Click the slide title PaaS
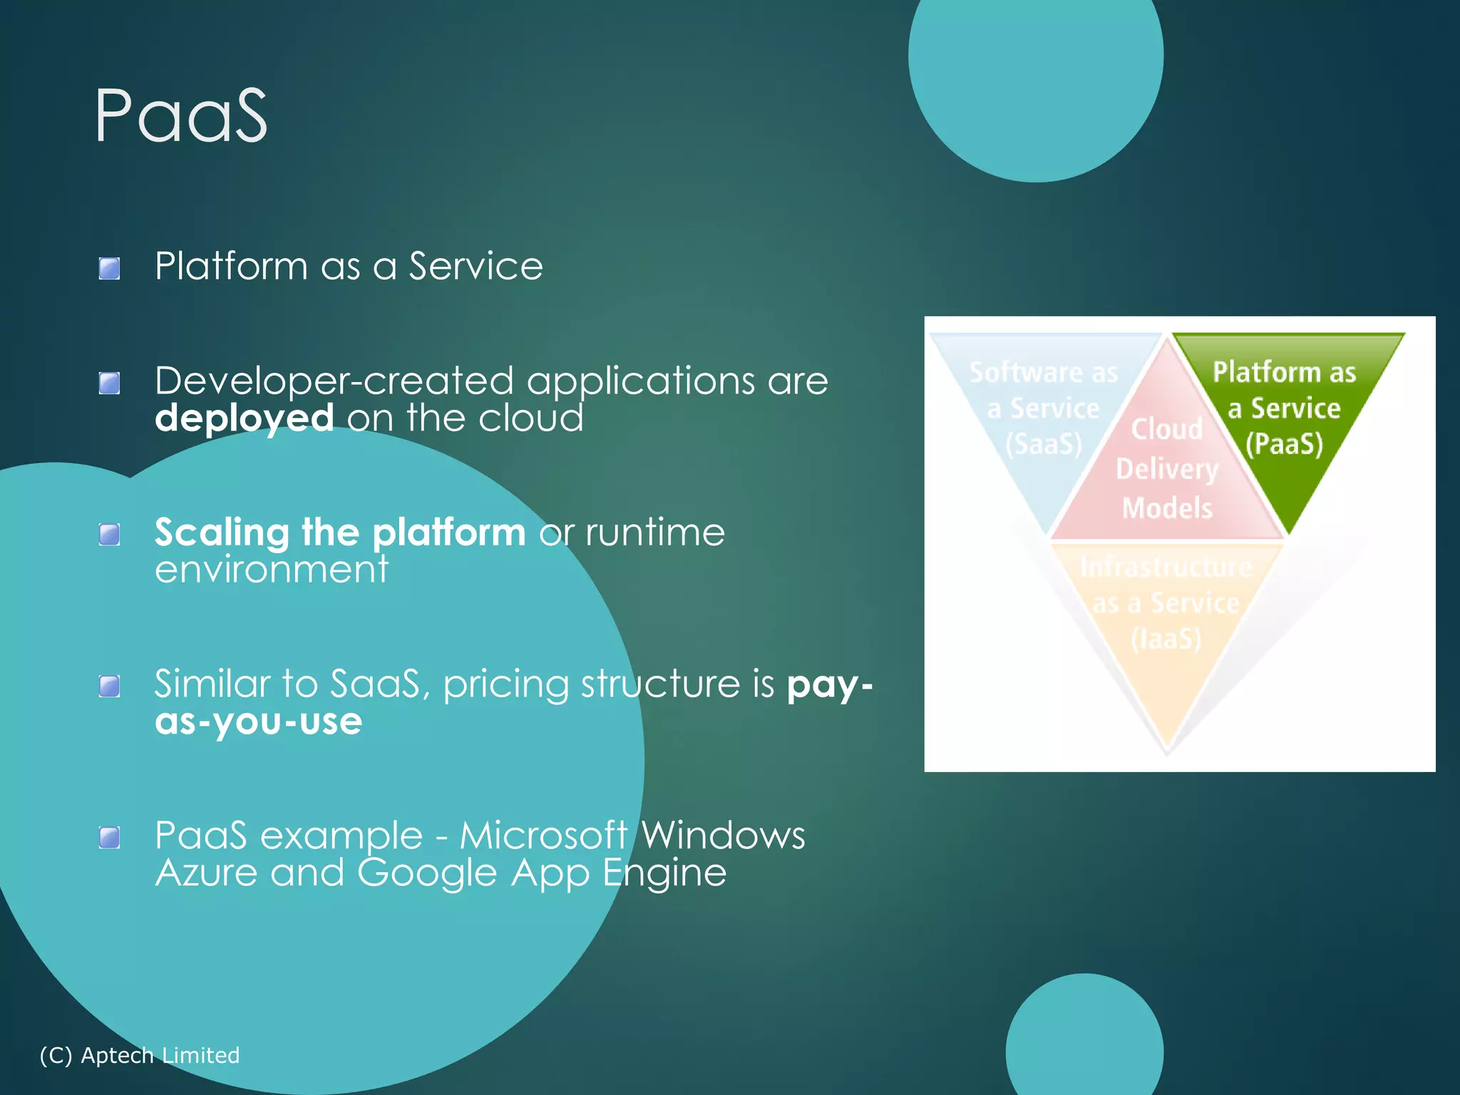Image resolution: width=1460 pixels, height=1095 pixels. click(x=181, y=115)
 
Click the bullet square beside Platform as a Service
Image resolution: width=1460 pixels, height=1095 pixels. click(x=109, y=269)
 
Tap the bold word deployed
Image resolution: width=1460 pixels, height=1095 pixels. click(x=244, y=418)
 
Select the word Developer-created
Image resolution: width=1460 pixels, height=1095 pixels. click(x=335, y=380)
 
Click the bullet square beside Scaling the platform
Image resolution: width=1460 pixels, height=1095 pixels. click(x=109, y=534)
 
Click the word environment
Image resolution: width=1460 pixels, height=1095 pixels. click(x=272, y=570)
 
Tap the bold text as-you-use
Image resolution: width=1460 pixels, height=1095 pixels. click(x=258, y=721)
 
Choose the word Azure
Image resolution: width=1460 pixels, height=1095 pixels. click(x=206, y=873)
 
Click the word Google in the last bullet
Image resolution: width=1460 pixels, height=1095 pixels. click(x=426, y=873)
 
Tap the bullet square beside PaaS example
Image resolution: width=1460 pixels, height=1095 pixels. click(x=109, y=838)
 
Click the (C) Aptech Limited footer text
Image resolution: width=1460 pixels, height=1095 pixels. click(x=140, y=1055)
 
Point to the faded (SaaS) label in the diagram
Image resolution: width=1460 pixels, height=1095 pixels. click(x=1043, y=444)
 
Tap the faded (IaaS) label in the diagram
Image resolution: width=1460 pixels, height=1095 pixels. click(x=1166, y=639)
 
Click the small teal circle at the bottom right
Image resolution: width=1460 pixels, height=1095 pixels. click(x=1084, y=1041)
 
